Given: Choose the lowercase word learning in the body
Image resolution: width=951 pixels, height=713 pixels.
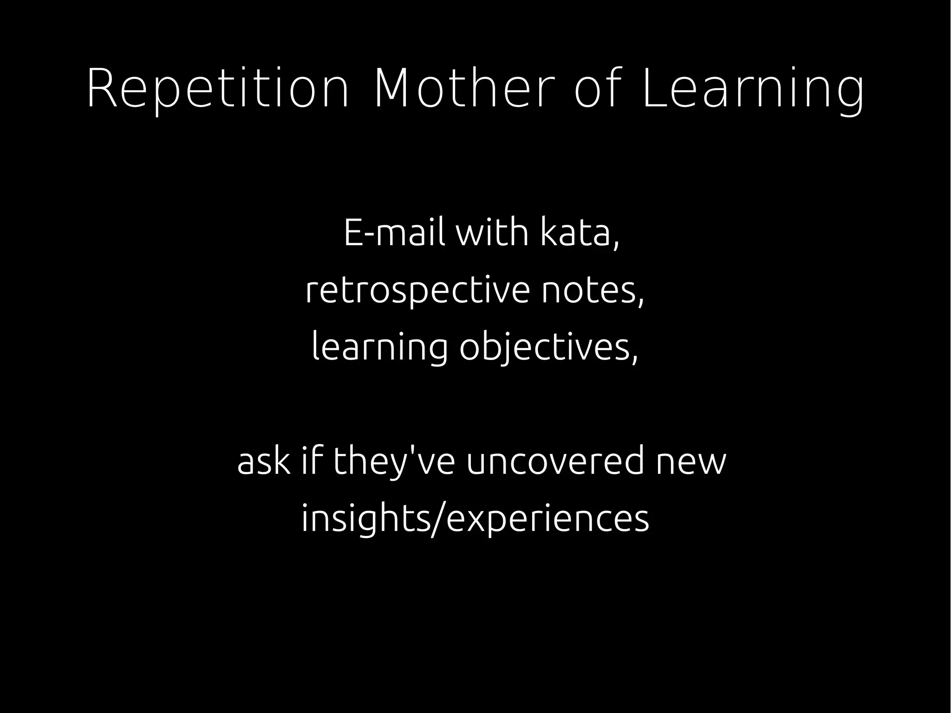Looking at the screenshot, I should click(379, 347).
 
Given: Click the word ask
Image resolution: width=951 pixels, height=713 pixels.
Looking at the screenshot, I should click(263, 462).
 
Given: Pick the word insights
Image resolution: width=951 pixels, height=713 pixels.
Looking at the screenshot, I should click(365, 519).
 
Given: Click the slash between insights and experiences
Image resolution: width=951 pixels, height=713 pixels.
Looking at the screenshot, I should click(439, 519).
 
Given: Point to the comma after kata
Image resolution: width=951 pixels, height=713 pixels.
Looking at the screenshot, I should click(616, 243).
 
